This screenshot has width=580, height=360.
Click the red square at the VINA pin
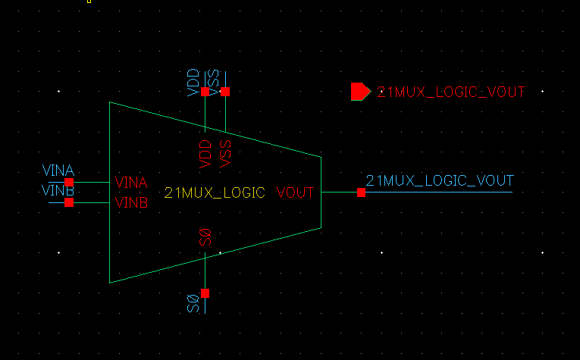click(69, 182)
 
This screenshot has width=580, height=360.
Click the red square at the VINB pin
click(69, 202)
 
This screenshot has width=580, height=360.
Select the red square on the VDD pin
click(205, 92)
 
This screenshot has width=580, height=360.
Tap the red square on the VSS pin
click(224, 92)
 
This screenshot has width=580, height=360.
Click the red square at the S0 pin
click(205, 293)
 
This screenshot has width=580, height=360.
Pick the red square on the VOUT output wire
click(361, 193)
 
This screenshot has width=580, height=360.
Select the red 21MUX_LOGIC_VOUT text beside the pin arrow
click(451, 92)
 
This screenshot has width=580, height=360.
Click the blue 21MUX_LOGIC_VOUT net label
click(440, 180)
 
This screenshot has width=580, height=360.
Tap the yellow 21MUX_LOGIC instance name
click(215, 193)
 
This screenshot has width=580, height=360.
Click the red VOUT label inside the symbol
click(295, 193)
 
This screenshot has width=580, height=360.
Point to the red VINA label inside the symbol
click(130, 183)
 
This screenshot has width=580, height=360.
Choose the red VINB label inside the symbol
click(130, 202)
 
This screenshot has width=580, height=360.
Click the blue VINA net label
click(58, 171)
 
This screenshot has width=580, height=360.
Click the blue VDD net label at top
click(194, 82)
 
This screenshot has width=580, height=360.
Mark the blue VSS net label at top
click(214, 82)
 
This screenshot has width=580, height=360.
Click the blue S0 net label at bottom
click(193, 304)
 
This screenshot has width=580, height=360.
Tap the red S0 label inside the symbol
click(205, 237)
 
